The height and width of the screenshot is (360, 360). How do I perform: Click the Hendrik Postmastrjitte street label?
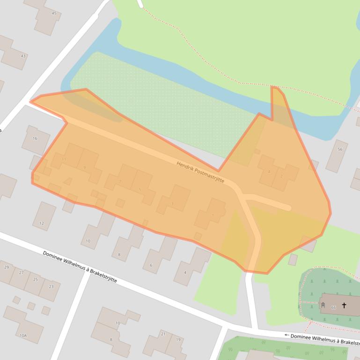point(200,172)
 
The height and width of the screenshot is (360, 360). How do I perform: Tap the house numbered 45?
point(54,14)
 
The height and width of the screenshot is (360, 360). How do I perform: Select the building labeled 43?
point(23,56)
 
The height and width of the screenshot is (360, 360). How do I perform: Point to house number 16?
point(35,139)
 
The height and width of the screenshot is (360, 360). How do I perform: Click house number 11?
point(64,159)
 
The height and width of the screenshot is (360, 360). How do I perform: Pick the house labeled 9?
point(85,167)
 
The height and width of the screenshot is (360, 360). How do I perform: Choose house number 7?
point(120,181)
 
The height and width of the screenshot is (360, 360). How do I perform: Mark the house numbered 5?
point(140,189)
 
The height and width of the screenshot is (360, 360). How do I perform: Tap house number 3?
point(172,203)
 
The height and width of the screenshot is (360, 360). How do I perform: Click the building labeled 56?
point(340,150)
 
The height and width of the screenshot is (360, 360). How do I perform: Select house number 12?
point(41,223)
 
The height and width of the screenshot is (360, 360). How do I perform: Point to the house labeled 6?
point(151,265)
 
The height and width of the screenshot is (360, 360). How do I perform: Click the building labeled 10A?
point(23,335)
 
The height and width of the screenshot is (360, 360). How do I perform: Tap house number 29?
point(7,267)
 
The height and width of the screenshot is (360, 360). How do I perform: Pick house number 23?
point(51,287)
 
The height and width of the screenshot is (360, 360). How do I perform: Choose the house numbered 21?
point(163,334)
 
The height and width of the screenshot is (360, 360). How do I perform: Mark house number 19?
point(178,339)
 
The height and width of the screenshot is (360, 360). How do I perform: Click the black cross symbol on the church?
point(344,305)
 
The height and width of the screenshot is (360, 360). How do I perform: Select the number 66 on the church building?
point(333,307)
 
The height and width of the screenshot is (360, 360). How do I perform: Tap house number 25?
point(36,279)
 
